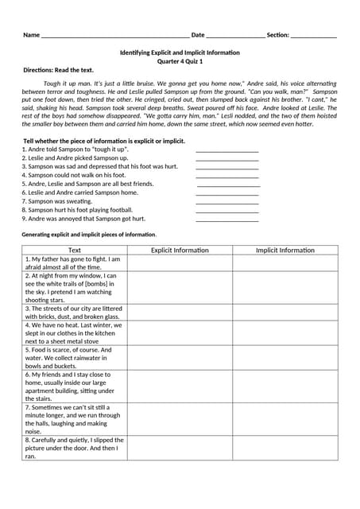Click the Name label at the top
coord(31,35)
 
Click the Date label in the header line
coord(198,35)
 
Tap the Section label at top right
coord(277,35)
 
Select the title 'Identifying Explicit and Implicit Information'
coord(180,52)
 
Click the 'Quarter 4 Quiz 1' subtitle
coord(180,61)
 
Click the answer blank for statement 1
coord(226,150)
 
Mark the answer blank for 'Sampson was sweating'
coord(226,201)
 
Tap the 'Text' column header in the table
coord(75,250)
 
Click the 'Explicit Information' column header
coord(180,250)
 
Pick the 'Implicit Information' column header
coord(285,250)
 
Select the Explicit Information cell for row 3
coord(180,312)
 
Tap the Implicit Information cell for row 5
coord(285,357)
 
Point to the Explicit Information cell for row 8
coord(180,448)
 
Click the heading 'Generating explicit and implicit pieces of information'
coord(89,235)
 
